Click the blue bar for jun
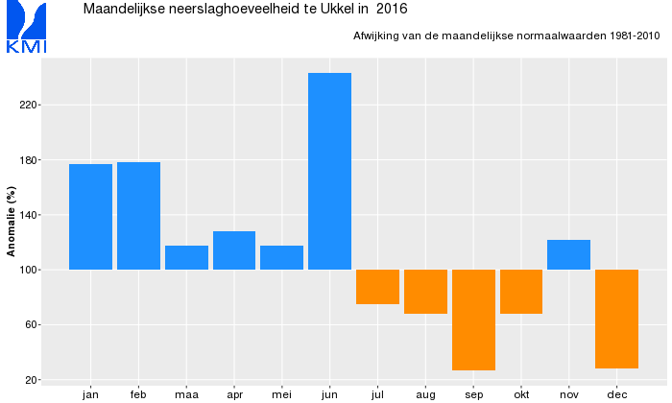point(329,171)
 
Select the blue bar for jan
point(90,217)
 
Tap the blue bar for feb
point(138,216)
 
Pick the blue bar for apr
point(234,250)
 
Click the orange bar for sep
point(473,320)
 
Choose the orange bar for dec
point(616,319)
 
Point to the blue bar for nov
point(568,255)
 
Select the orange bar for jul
point(377,287)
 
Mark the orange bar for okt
point(521,292)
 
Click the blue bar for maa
point(186,257)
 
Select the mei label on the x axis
point(281,393)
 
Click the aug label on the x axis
point(425,393)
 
